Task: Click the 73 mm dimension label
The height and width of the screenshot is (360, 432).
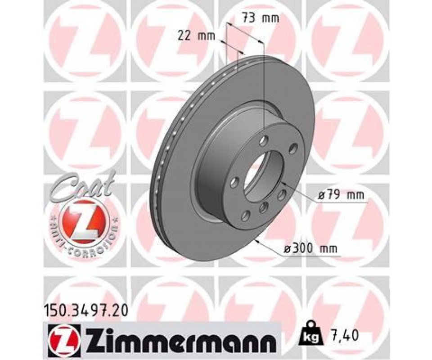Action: [x=261, y=18]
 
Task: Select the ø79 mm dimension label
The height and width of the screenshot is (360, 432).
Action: [x=341, y=195]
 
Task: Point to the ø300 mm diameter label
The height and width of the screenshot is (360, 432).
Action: [x=310, y=249]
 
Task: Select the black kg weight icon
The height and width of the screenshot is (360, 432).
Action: [x=311, y=334]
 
